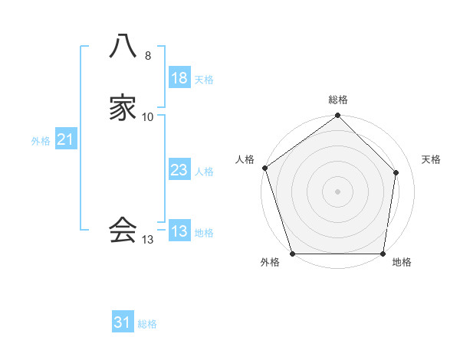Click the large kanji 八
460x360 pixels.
click(123, 47)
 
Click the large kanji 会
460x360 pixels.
click(123, 229)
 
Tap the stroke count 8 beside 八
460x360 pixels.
click(148, 56)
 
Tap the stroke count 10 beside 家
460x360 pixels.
click(148, 117)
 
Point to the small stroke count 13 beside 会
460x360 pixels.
click(148, 239)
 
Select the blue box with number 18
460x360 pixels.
click(179, 78)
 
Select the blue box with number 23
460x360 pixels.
click(179, 170)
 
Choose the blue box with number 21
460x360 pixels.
click(65, 139)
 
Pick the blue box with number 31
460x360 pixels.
click(123, 322)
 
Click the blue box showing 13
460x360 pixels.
click(179, 231)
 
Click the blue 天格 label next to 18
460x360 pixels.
click(204, 80)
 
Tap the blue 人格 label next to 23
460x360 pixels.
click(204, 172)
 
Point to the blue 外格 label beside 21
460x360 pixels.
click(41, 141)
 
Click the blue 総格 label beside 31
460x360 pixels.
click(147, 324)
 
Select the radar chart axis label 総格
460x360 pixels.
click(338, 100)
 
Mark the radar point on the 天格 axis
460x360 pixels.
click(396, 172)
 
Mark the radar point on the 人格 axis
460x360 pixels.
click(264, 168)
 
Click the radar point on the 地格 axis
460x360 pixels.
click(383, 254)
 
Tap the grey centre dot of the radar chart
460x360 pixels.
click(337, 191)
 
